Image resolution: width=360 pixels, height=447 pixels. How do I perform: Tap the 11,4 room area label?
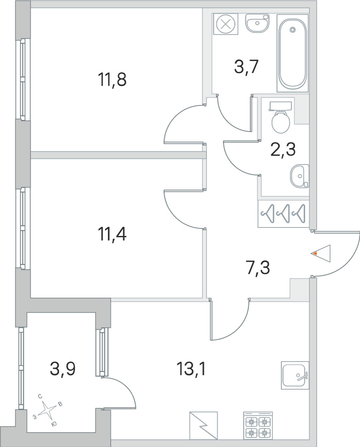coord(111,235)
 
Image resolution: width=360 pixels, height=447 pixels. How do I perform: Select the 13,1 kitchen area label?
coord(191,370)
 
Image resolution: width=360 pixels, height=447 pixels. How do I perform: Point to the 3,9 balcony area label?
coord(63,370)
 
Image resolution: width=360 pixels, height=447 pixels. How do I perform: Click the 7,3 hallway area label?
coord(257,268)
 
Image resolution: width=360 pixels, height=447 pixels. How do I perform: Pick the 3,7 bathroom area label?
coord(246,67)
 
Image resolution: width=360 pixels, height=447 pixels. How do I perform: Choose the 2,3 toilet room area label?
coord(283,150)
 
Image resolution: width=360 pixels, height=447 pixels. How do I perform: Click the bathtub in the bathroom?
coord(293,53)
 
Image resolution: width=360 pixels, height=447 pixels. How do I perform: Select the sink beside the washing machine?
coord(257,23)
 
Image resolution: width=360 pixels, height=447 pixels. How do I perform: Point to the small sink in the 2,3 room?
coord(299,176)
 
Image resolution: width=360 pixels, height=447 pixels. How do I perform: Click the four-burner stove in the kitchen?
coord(258,425)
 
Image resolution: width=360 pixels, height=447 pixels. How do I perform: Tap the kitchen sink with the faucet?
coord(295,375)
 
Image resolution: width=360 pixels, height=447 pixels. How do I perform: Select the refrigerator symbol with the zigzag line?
coord(203,425)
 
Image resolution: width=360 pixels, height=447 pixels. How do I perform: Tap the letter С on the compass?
coord(40,396)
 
